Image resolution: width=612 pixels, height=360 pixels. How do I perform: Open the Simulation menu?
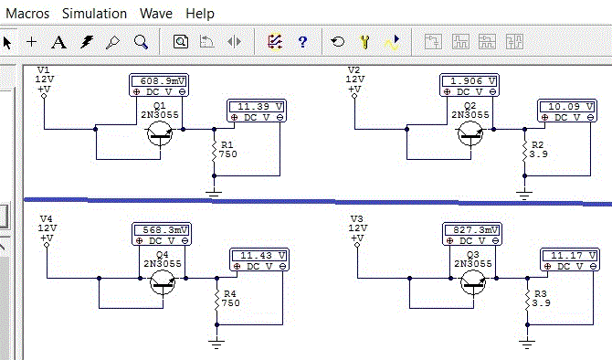pos(94,14)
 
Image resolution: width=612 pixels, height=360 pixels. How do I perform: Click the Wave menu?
pos(156,14)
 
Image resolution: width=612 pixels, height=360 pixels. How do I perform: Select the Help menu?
pos(200,14)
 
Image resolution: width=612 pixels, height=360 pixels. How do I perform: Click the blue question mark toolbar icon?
pos(302,41)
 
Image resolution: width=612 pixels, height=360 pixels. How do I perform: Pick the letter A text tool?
pos(59,42)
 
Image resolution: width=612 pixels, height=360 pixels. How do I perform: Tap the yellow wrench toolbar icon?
pos(364,41)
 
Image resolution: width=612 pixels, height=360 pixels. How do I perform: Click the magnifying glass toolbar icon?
pos(141,42)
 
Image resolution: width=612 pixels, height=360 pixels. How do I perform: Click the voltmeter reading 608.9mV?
pos(159,85)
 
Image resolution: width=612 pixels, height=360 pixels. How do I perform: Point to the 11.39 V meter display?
pos(257,111)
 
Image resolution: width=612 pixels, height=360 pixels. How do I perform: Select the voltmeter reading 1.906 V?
pos(470,85)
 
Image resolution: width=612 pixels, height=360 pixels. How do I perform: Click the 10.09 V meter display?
pos(567,111)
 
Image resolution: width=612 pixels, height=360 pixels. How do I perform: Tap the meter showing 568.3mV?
pos(162,234)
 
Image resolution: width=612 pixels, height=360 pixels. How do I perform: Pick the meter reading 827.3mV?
pos(472,234)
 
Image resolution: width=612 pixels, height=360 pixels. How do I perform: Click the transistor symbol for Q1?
pos(160,133)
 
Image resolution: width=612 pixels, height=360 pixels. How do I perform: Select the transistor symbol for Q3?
pos(473,282)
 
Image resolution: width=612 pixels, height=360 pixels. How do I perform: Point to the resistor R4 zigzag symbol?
pos(217,300)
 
